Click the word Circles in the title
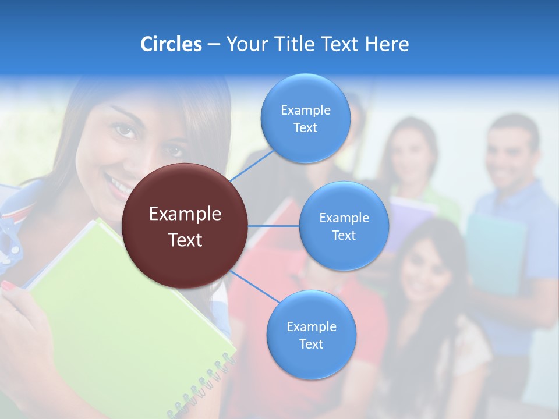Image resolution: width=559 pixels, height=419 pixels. point(171,44)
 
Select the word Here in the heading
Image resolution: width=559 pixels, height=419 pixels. point(387,44)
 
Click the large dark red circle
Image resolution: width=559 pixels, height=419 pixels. point(185,226)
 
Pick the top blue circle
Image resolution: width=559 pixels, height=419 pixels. point(305,118)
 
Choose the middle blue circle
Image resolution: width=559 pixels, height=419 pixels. point(344,226)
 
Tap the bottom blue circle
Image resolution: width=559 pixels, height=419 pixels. point(311,335)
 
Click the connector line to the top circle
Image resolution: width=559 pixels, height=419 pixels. point(252,165)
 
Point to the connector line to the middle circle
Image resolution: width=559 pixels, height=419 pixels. point(274,226)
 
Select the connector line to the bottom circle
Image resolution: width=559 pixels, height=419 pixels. point(254,287)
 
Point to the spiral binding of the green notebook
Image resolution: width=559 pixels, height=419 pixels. point(204,384)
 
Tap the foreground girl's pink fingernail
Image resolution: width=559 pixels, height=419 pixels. point(8,286)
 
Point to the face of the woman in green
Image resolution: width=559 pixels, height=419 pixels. point(411,154)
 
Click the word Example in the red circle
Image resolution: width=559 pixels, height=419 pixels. point(185,214)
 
